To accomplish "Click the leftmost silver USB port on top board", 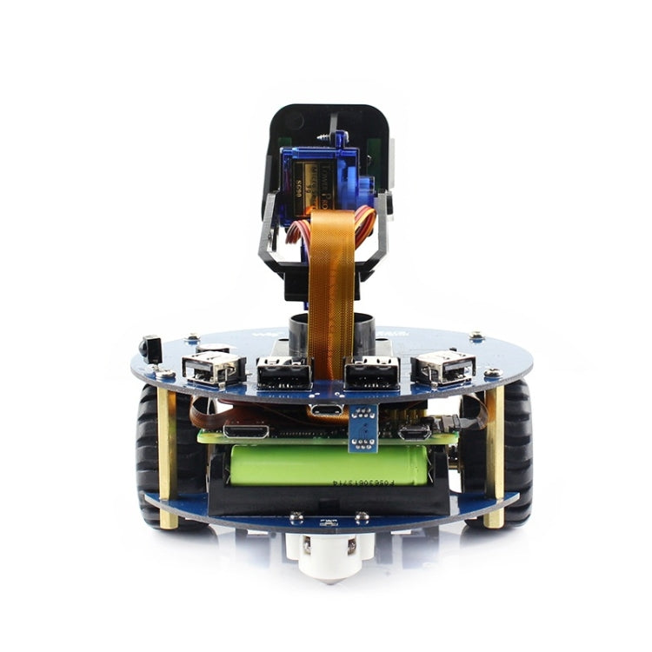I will pos(211,368).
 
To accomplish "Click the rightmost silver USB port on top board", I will pos(444,368).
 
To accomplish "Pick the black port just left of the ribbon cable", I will pos(283,374).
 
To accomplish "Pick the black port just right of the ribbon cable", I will pos(372,374).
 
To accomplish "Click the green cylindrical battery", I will pos(328,465).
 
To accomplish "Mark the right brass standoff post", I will pos(494,456).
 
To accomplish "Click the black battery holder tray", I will pos(328,501).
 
